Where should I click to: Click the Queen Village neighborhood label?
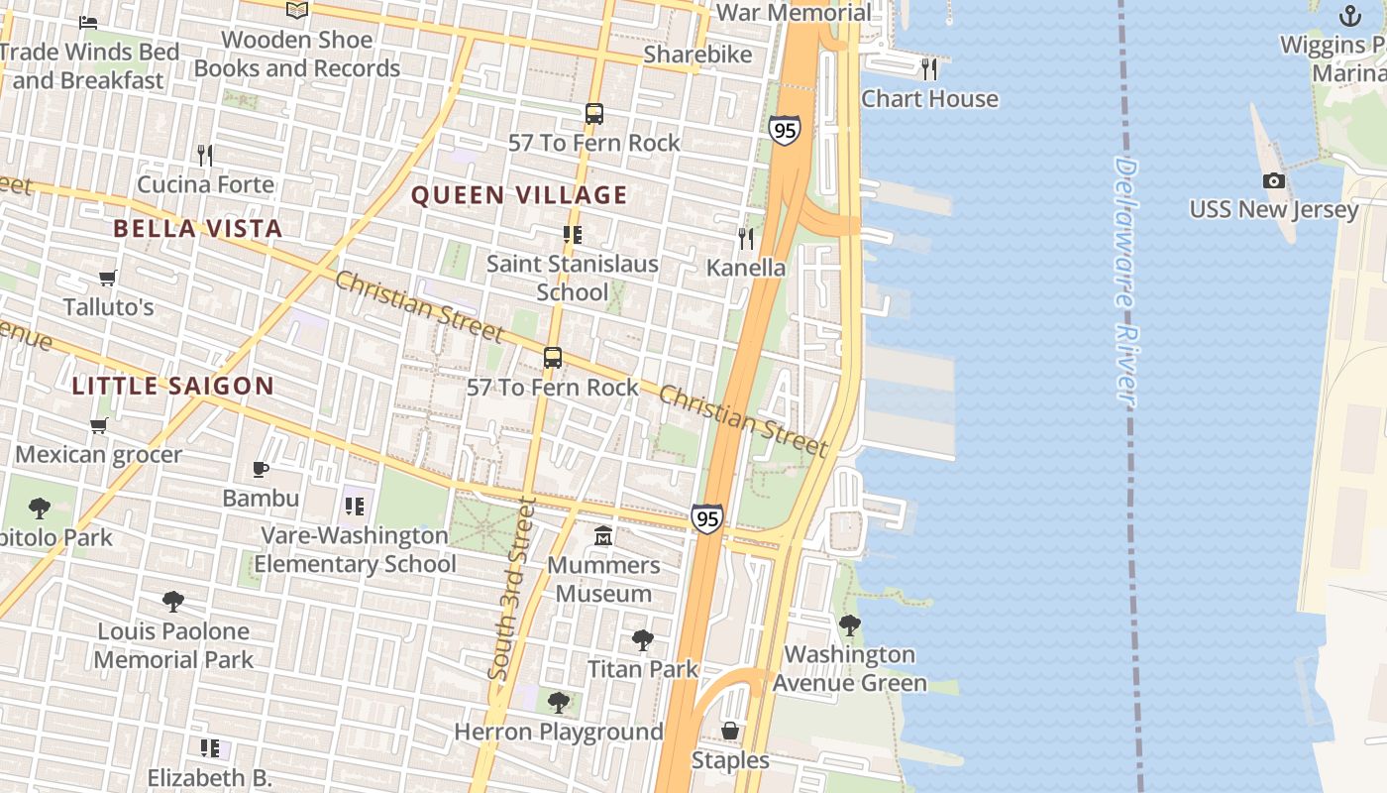pyautogui.click(x=519, y=195)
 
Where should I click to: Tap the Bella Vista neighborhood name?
pyautogui.click(x=198, y=229)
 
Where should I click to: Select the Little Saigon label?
pyautogui.click(x=172, y=387)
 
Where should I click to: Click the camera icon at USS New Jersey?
pyautogui.click(x=1274, y=180)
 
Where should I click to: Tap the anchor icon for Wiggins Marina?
pyautogui.click(x=1349, y=16)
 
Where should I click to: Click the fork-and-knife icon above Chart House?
pyautogui.click(x=929, y=68)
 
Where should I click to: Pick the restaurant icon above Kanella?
pyautogui.click(x=746, y=238)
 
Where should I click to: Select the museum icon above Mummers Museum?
pyautogui.click(x=602, y=536)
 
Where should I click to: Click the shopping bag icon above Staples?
pyautogui.click(x=730, y=731)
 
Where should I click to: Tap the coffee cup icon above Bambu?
pyautogui.click(x=261, y=468)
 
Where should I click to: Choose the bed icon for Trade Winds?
pyautogui.click(x=88, y=22)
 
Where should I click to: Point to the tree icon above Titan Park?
pyautogui.click(x=643, y=640)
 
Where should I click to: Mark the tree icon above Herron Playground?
pyautogui.click(x=559, y=703)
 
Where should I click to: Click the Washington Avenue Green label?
pyautogui.click(x=850, y=668)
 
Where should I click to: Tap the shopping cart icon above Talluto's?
pyautogui.click(x=108, y=278)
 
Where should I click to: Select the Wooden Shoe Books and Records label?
pyautogui.click(x=297, y=55)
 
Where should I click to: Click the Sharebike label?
pyautogui.click(x=698, y=55)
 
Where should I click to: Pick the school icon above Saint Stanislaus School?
pyautogui.click(x=573, y=235)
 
